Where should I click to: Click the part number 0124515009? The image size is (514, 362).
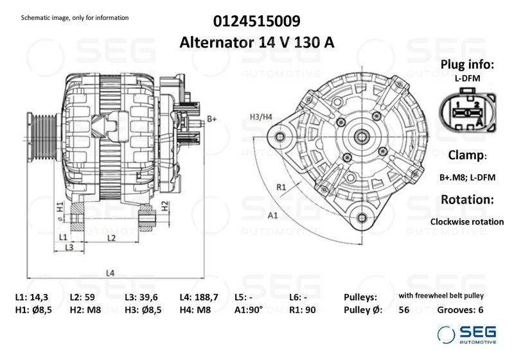[257, 21]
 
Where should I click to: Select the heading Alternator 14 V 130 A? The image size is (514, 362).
[257, 42]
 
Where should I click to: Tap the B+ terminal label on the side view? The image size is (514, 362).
[213, 119]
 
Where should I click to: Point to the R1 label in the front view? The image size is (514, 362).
[281, 187]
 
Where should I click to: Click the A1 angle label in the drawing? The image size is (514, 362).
[272, 215]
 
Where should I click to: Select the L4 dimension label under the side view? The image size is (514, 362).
[110, 273]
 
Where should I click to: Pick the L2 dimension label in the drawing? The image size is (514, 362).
[111, 238]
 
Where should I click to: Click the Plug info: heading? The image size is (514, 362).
[467, 65]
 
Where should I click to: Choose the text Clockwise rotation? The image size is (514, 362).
[467, 221]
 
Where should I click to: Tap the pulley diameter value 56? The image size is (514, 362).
[403, 310]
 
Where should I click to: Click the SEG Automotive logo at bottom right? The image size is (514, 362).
[466, 334]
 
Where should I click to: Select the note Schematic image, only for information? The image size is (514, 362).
[75, 17]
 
